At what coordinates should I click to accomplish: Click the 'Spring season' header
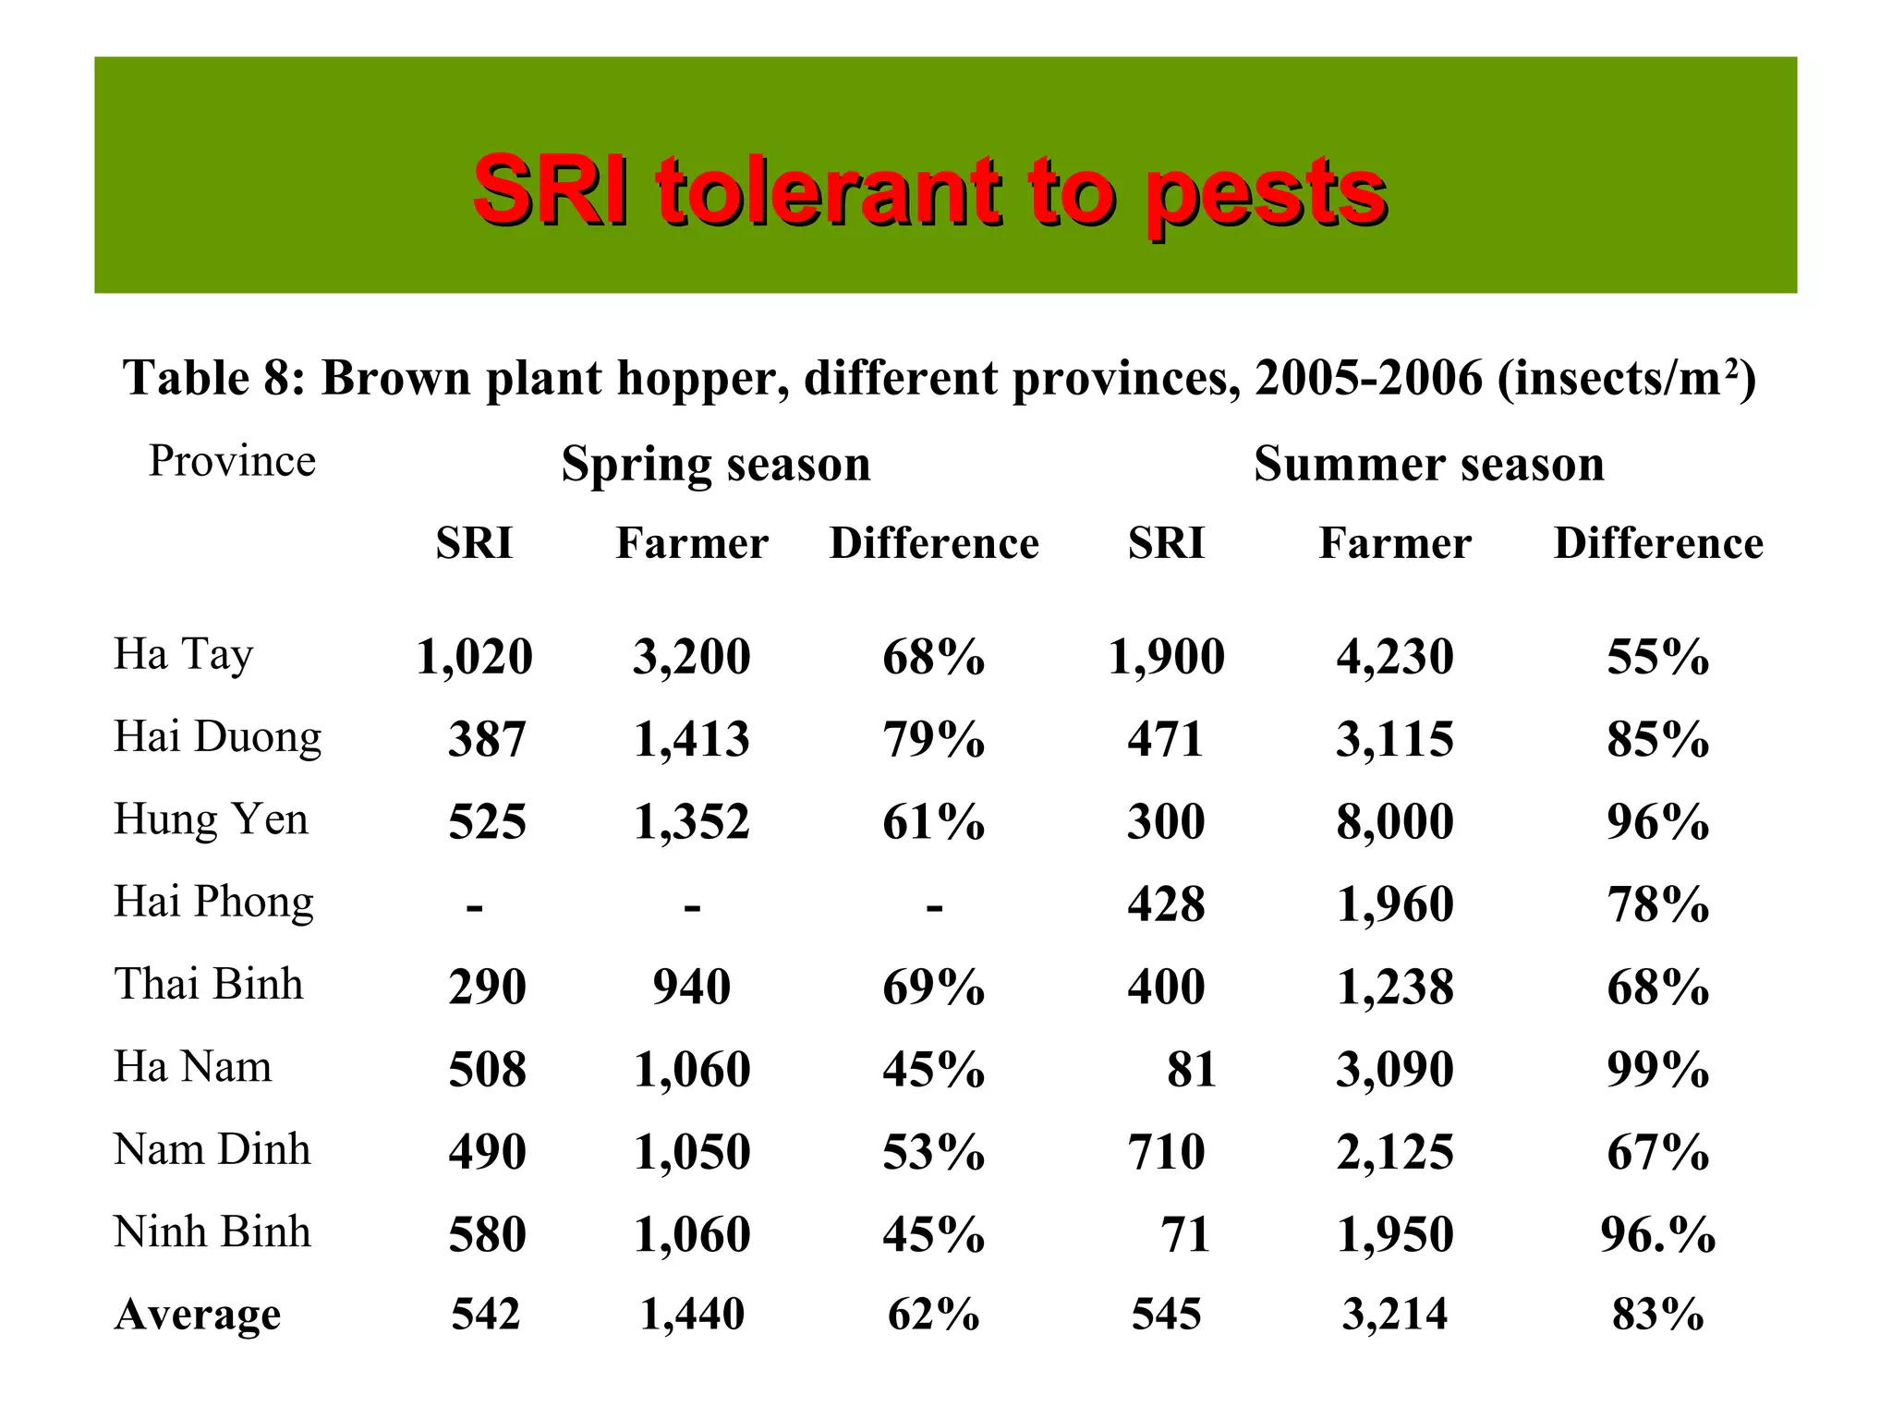tap(716, 464)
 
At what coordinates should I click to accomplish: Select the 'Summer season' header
tap(1428, 464)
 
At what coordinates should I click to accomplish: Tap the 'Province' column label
tap(232, 461)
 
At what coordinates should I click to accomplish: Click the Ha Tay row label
tap(183, 655)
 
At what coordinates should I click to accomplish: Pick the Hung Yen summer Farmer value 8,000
tap(1395, 821)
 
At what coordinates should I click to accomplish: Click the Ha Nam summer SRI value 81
tap(1191, 1069)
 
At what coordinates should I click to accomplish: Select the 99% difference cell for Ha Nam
tap(1657, 1069)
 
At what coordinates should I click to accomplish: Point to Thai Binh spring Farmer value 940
tap(691, 987)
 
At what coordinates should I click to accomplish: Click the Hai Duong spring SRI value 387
tap(487, 739)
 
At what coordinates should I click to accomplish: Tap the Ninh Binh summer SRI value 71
tap(1185, 1234)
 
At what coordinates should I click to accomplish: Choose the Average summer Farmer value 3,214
tap(1395, 1314)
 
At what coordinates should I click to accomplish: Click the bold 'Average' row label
tap(198, 1314)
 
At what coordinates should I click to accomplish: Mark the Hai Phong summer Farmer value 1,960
tap(1395, 904)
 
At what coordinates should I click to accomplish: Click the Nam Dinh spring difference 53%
tap(933, 1152)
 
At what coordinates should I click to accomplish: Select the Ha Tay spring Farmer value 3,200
tap(691, 657)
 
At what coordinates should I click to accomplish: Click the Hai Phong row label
tap(213, 902)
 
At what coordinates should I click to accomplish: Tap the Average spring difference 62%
tap(933, 1314)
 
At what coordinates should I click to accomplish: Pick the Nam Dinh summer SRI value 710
tap(1166, 1152)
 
